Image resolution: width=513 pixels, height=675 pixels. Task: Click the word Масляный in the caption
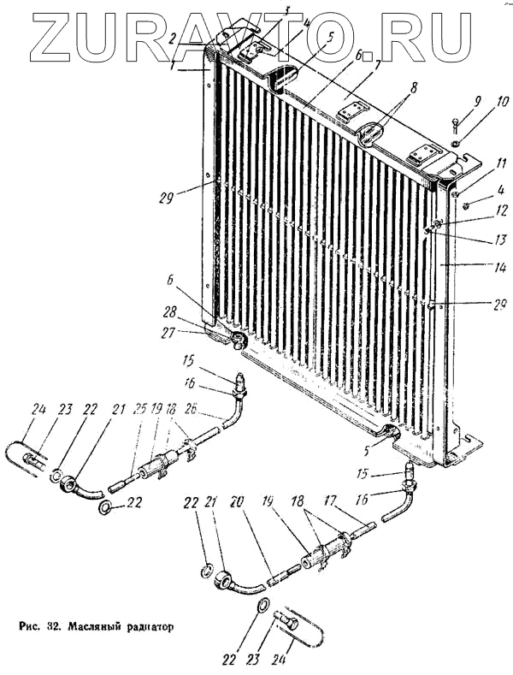95,625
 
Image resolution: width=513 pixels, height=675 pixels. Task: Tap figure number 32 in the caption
55,625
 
